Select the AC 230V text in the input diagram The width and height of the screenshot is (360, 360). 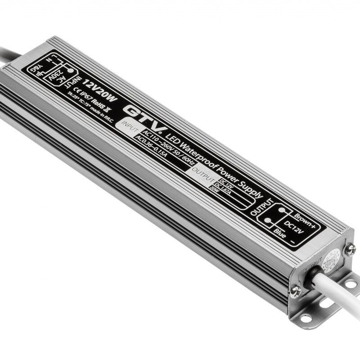[x=60, y=75]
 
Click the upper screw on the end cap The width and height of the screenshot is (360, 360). [x=351, y=250]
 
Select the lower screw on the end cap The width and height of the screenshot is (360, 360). [x=295, y=292]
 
